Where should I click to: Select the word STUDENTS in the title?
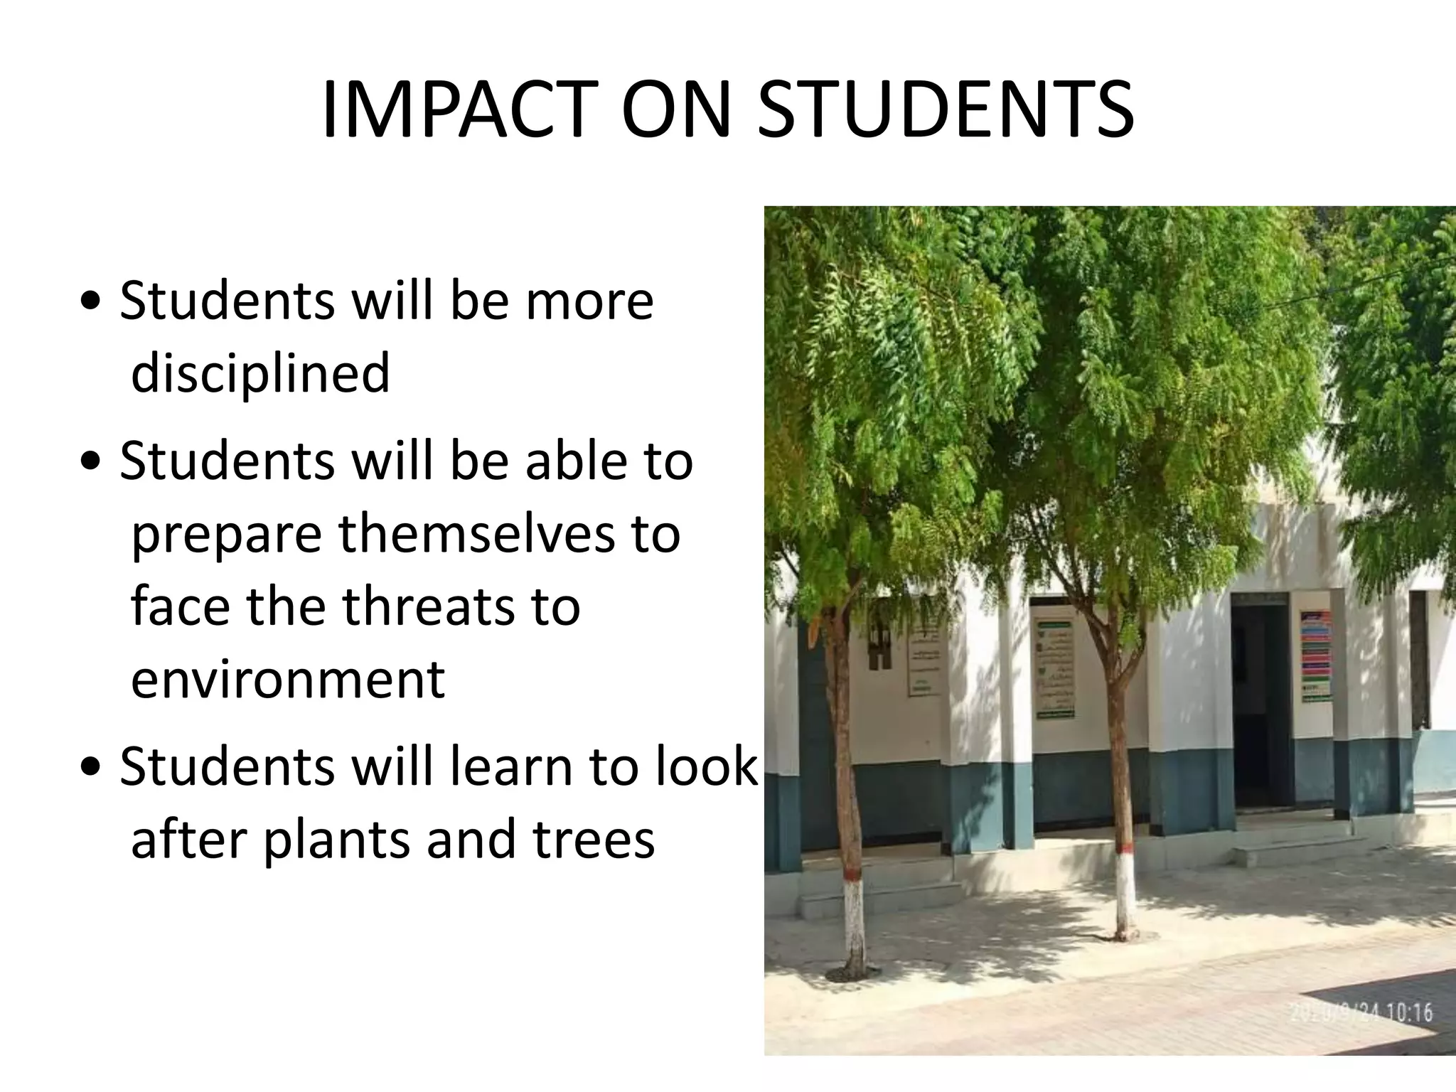(945, 111)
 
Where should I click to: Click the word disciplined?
(260, 373)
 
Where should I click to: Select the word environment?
(288, 680)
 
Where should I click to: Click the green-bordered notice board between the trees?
(1054, 668)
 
